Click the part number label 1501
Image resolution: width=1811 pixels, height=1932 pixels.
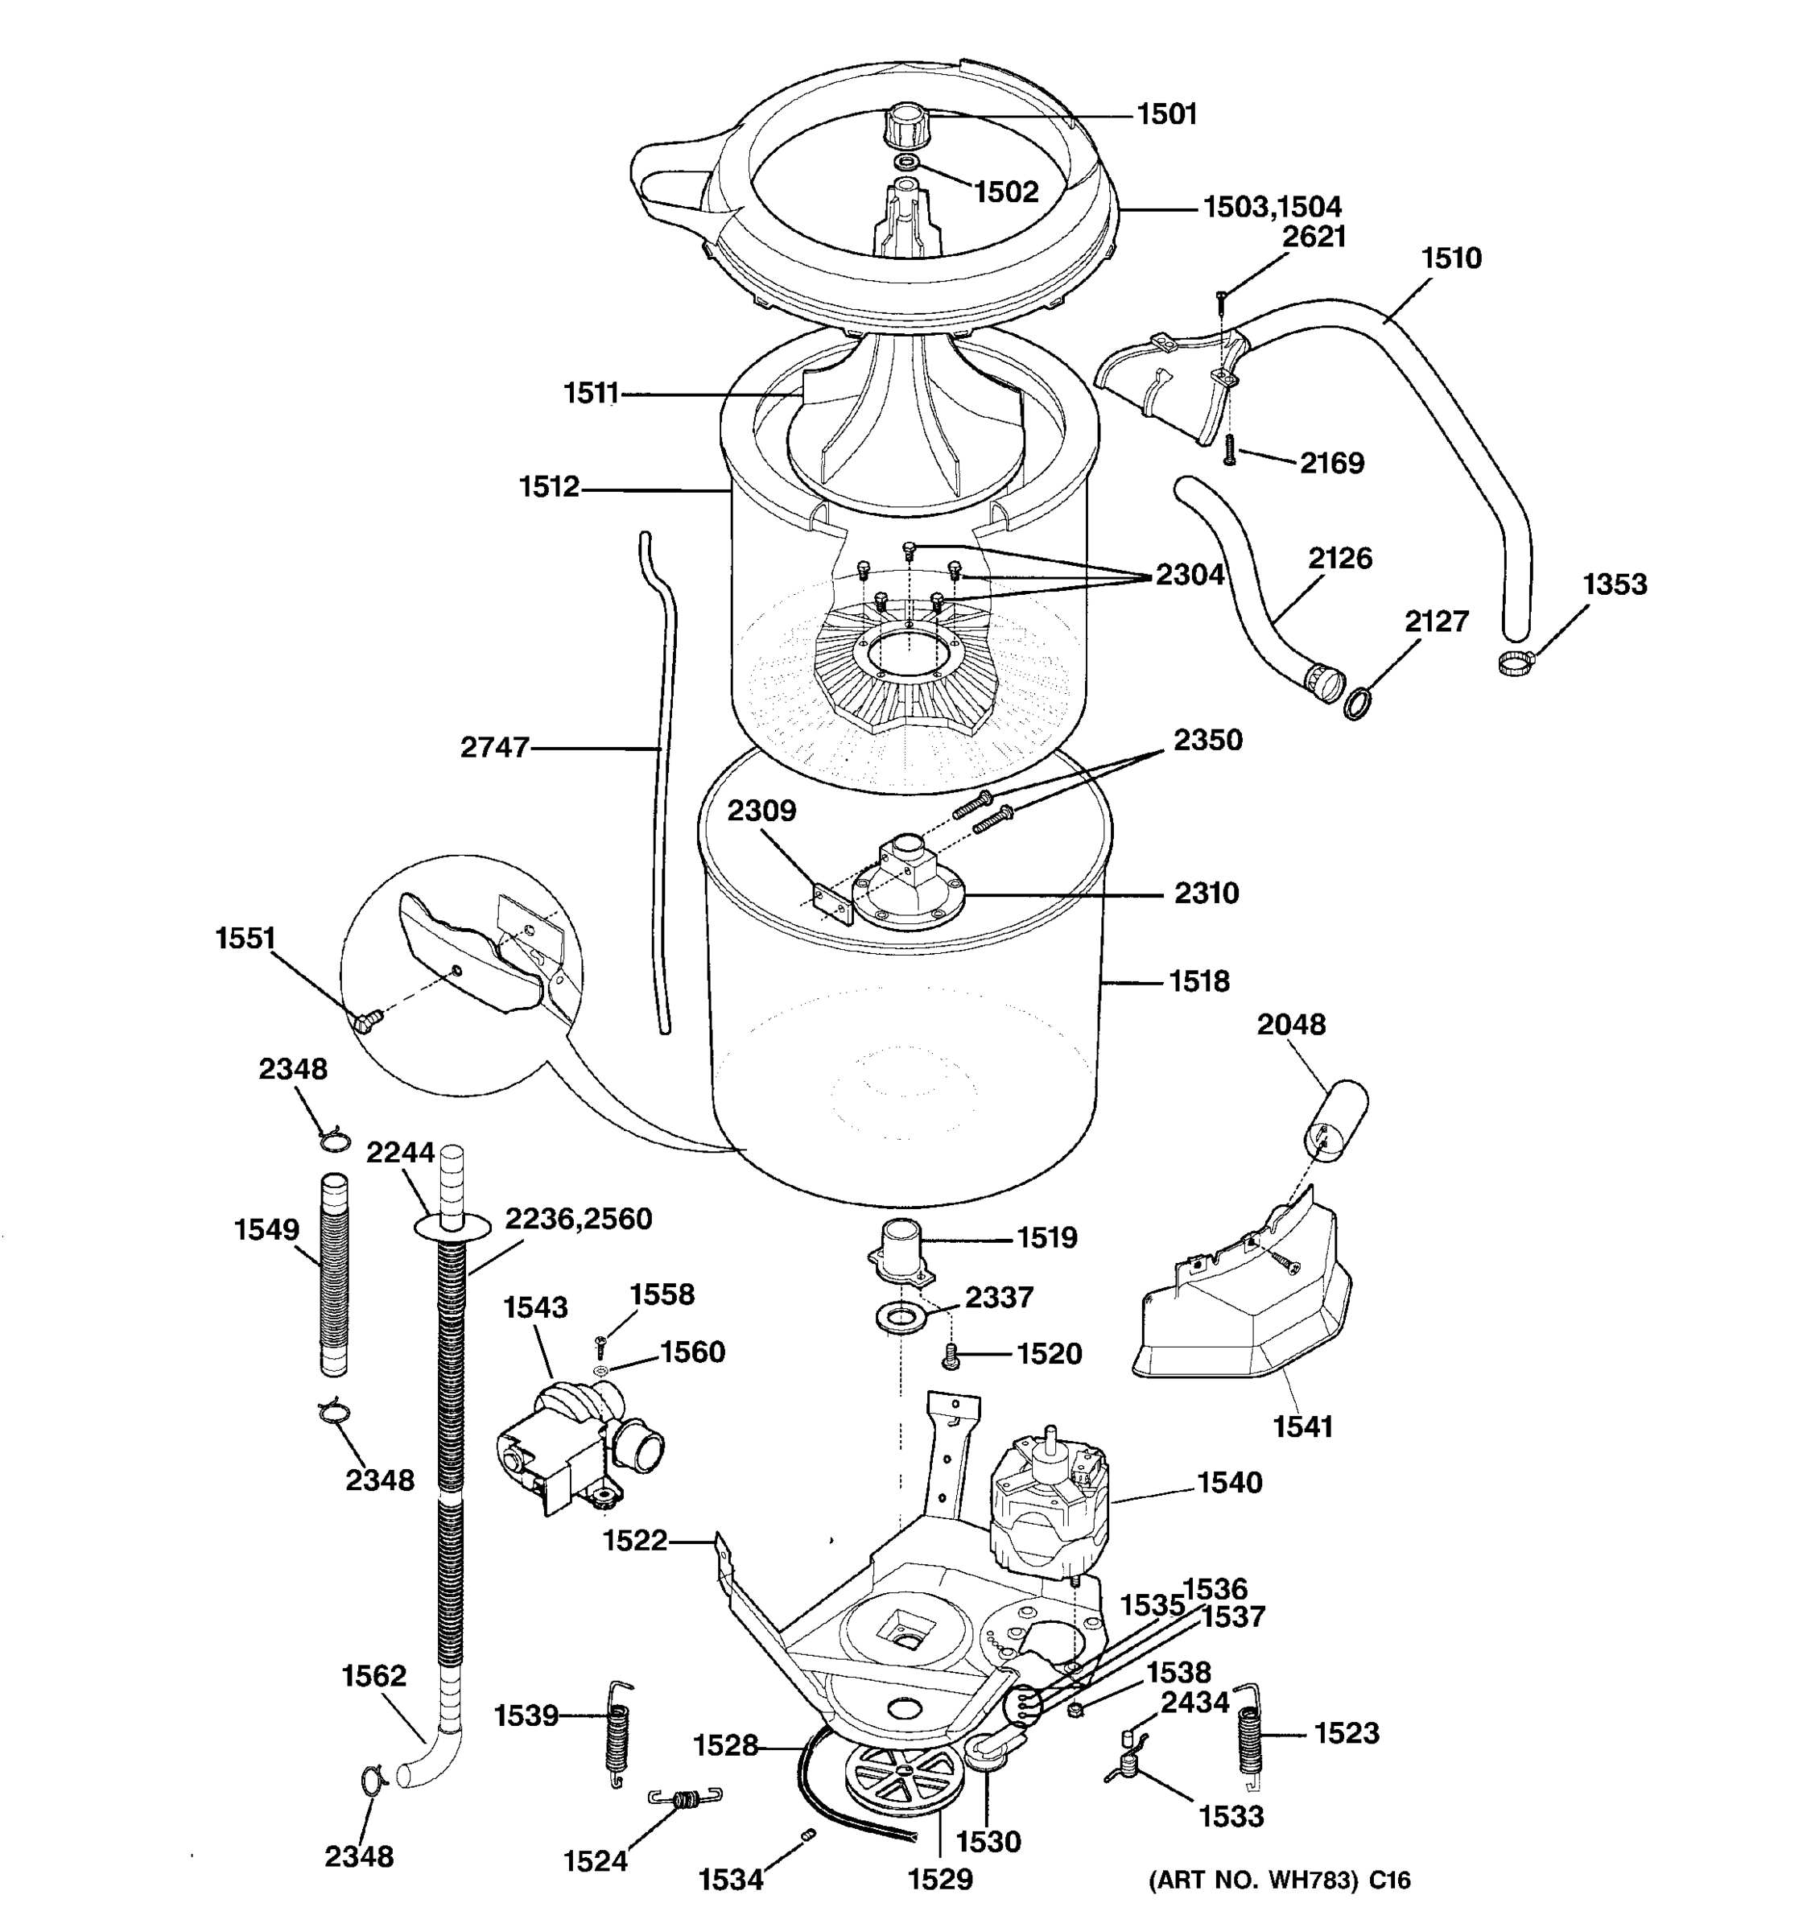point(1167,114)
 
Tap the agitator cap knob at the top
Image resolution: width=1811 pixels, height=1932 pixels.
point(905,126)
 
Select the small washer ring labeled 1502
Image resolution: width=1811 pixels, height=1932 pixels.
point(906,161)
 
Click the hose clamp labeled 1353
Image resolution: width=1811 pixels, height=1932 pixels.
point(1514,664)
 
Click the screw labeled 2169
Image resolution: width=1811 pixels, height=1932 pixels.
point(1229,450)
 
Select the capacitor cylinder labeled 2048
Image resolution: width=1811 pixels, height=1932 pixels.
point(1336,1120)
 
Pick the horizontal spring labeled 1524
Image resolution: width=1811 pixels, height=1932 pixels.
point(685,1800)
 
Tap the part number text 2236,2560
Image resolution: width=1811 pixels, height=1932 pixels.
point(578,1219)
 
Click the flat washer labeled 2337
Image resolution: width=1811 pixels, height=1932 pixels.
point(901,1319)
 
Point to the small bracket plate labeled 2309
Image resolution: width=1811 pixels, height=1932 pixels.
point(832,902)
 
